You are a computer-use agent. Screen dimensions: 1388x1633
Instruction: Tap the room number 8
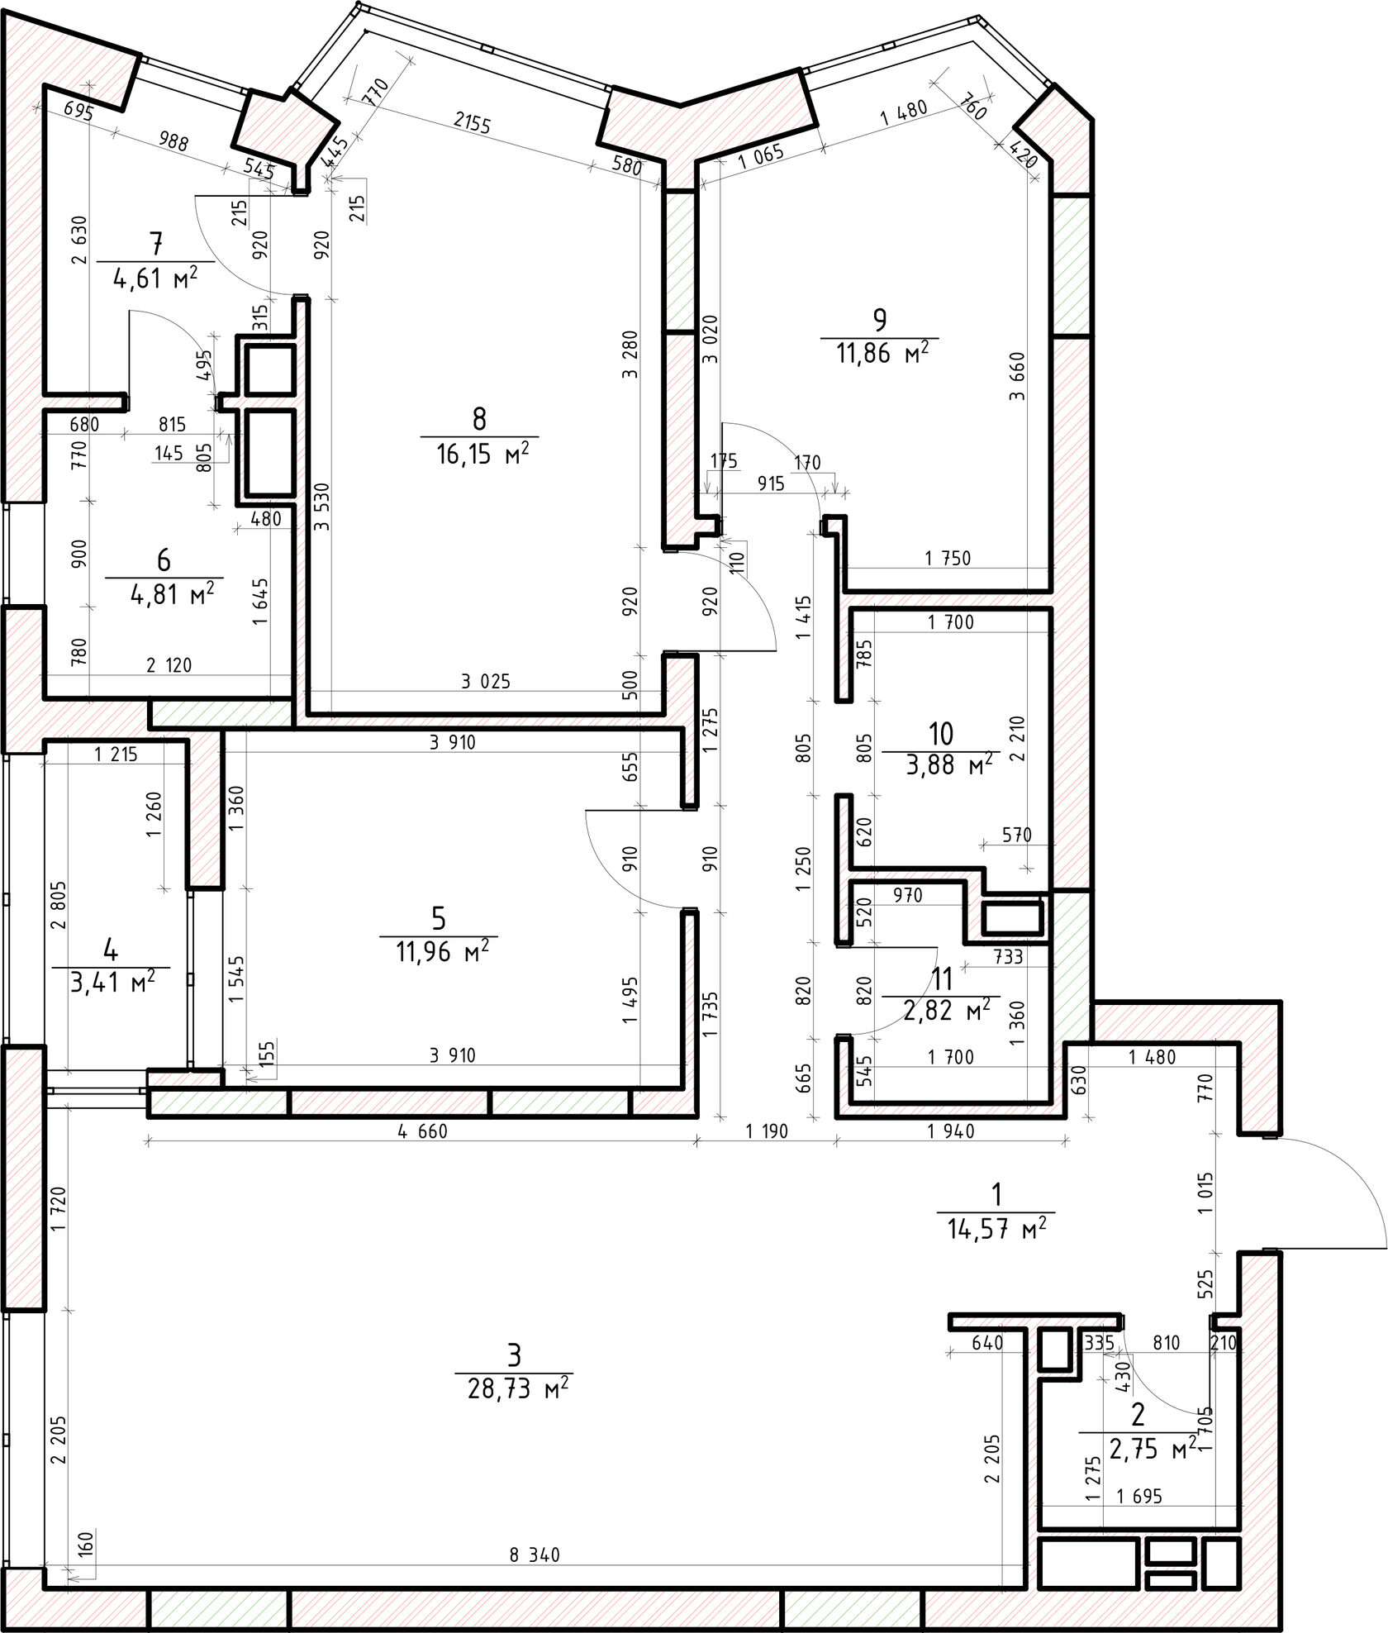click(x=479, y=420)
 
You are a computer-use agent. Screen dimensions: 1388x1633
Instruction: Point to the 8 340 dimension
click(x=535, y=1555)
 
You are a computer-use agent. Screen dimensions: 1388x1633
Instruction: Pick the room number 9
click(x=879, y=318)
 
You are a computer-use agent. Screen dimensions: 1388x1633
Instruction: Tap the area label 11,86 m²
click(x=882, y=354)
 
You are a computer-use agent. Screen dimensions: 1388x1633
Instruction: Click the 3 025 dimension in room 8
click(x=486, y=682)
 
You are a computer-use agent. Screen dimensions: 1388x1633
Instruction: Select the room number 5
click(x=439, y=917)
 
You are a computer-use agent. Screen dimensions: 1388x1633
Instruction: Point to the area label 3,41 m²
click(x=111, y=984)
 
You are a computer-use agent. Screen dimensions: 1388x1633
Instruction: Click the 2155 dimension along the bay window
click(x=473, y=125)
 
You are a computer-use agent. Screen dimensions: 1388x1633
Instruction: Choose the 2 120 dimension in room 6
click(x=169, y=664)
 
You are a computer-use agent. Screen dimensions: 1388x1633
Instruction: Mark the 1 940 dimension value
click(x=951, y=1131)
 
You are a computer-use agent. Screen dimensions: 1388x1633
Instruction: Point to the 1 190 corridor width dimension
click(x=766, y=1131)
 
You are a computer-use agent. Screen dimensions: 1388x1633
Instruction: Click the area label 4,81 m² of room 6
click(x=173, y=594)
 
